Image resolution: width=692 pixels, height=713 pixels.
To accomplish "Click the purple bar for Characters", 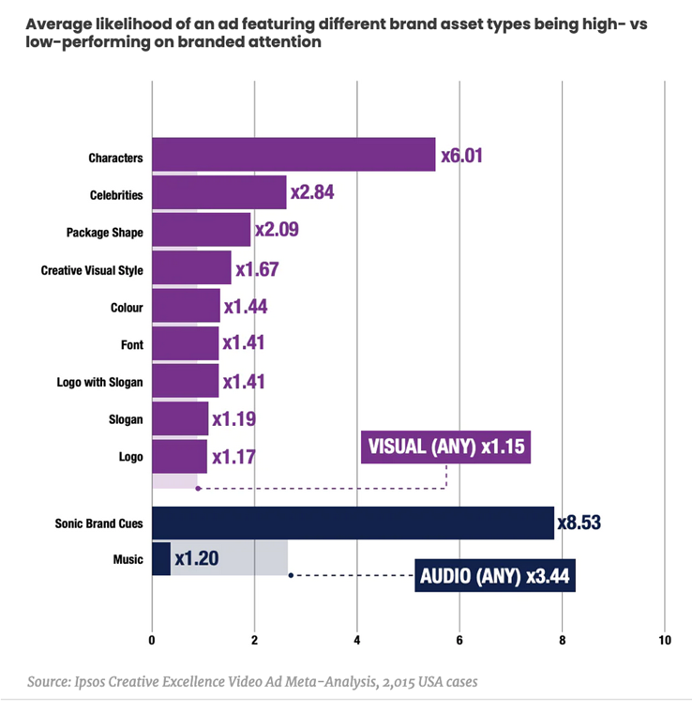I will (293, 155).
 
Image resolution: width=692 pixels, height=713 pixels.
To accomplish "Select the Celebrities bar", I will (218, 193).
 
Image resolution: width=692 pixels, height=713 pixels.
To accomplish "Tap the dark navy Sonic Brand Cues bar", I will (353, 523).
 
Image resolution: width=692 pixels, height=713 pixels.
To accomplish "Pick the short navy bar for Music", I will (160, 559).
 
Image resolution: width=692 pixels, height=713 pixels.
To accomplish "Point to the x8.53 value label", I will (579, 523).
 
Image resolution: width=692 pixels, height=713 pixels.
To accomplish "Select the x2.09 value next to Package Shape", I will (277, 231).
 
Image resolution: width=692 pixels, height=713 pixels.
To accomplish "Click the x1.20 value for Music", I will (197, 559).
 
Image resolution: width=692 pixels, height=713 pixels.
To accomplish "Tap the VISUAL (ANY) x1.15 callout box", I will (445, 448).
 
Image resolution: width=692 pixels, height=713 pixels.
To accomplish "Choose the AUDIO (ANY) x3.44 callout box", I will (494, 575).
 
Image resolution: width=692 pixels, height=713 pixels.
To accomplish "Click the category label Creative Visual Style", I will (92, 270).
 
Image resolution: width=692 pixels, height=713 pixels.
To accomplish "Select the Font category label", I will (132, 345).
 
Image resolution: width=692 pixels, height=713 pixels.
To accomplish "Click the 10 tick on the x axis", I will (664, 641).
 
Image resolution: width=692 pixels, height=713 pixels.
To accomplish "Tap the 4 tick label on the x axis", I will (357, 641).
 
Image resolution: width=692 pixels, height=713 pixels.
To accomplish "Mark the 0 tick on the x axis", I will (152, 641).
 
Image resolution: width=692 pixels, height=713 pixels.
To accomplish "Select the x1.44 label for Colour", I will (245, 306).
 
